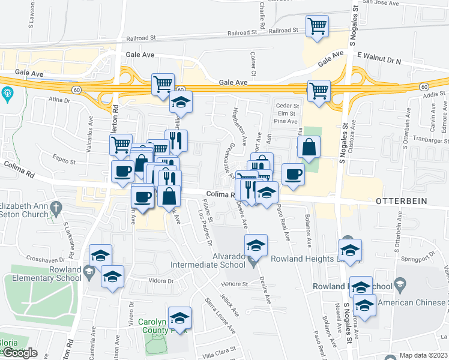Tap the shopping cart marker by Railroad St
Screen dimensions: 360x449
click(x=317, y=26)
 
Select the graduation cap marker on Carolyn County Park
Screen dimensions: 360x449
click(x=179, y=317)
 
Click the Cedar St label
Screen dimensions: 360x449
click(x=287, y=106)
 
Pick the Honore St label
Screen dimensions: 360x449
click(x=234, y=284)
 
